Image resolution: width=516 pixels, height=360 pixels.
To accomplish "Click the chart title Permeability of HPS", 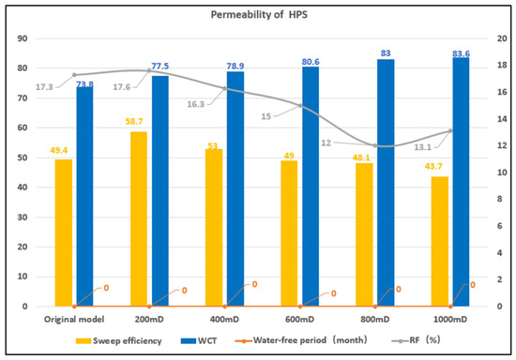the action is coord(259,15).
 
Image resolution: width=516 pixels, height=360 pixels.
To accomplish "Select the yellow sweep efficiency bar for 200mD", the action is coord(139,219).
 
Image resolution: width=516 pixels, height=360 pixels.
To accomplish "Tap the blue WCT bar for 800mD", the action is coord(386,183).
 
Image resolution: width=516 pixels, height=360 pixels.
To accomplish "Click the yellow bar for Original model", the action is coord(64,232).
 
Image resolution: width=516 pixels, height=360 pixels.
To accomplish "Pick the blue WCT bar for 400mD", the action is coord(235,189).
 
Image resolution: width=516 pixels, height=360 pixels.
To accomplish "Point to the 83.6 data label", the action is coord(461,53).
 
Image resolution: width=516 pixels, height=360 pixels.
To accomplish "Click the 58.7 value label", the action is coord(134,122).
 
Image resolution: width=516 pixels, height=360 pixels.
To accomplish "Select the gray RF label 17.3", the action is coord(44,87).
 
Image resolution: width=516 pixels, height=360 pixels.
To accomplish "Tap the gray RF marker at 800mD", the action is coord(375,145).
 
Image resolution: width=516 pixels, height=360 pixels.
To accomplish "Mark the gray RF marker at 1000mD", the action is coord(450,131).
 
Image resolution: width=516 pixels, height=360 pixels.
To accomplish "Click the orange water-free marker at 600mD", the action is coord(300,307).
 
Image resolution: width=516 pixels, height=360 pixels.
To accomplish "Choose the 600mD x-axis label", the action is coord(300,320).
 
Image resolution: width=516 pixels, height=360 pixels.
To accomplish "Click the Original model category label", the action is coord(74,320).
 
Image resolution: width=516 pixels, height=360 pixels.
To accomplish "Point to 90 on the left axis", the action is coord(23,38).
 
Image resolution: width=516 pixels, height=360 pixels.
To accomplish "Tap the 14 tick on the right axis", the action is coord(502,119).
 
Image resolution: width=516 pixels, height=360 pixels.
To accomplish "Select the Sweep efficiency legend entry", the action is coord(119,340).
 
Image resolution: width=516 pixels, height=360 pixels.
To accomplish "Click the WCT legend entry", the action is coord(199,340).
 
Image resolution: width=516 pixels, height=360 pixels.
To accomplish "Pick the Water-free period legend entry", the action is coord(301,340).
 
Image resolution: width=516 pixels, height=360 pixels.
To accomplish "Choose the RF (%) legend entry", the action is coord(416,340).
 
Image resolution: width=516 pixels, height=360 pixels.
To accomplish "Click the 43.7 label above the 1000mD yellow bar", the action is coord(433,167).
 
